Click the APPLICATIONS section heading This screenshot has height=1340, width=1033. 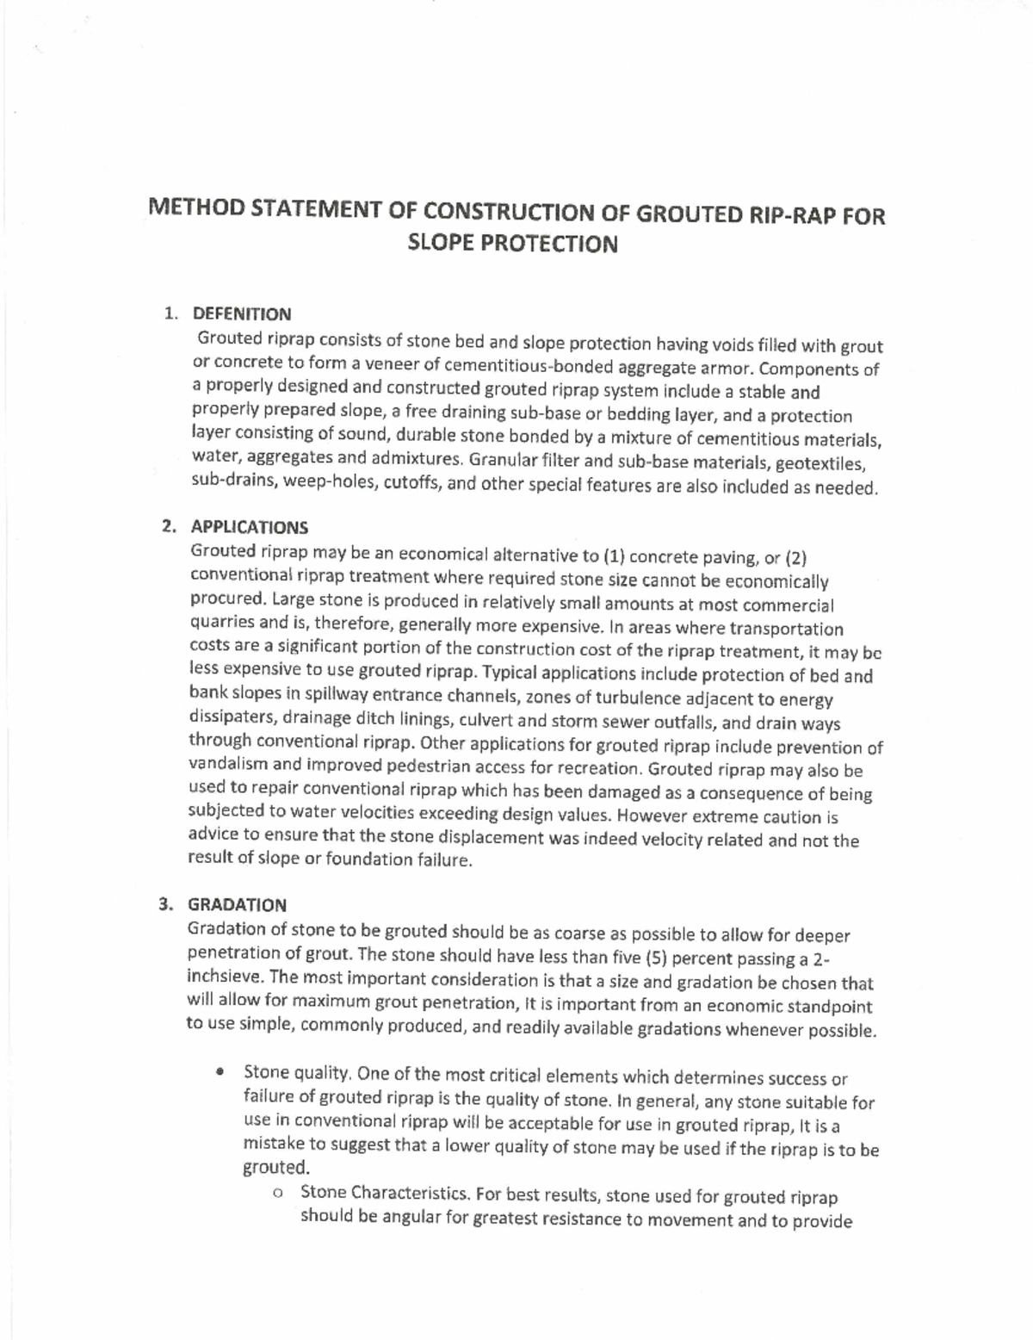(249, 527)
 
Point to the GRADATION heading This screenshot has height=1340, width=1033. (237, 905)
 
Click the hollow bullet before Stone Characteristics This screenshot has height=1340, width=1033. (277, 1194)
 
